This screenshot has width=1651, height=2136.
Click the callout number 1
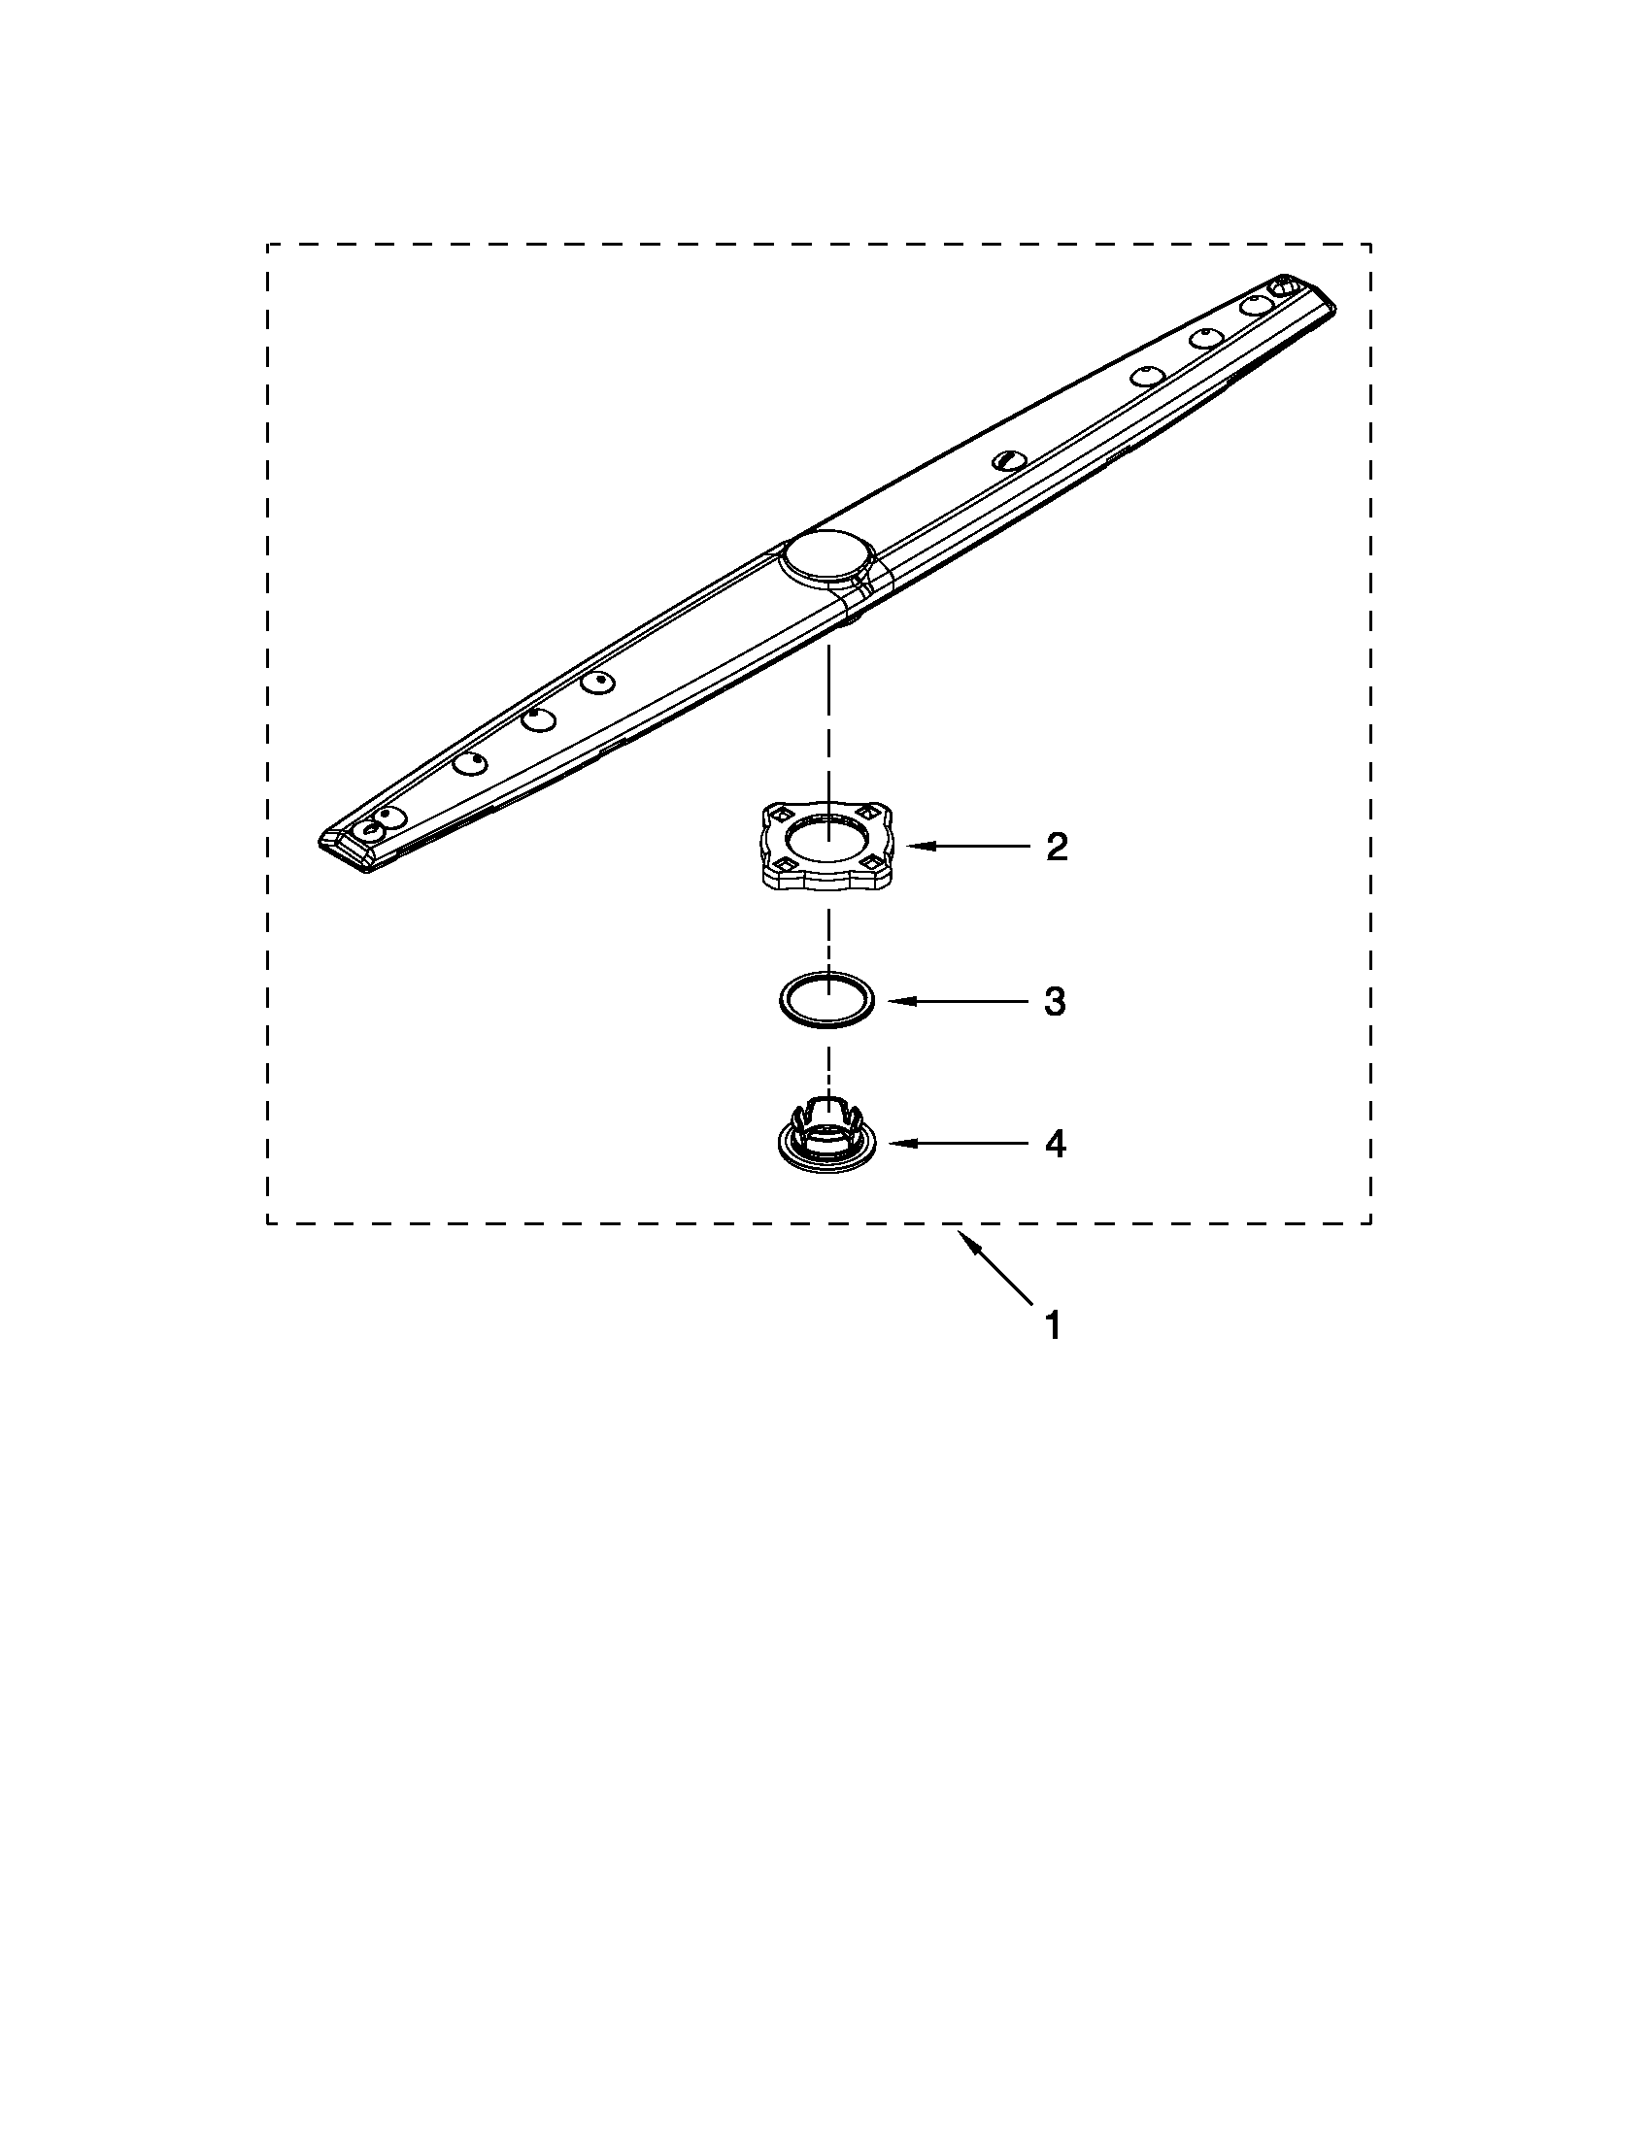[x=1053, y=1326]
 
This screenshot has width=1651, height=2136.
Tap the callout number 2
[x=1056, y=846]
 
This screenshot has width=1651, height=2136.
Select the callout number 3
[x=1055, y=1002]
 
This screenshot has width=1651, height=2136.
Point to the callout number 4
[x=1055, y=1144]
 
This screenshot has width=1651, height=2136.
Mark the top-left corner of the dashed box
[x=268, y=245]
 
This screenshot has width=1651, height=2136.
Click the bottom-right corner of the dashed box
[x=1370, y=1222]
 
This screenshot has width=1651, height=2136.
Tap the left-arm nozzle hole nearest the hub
[x=597, y=683]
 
